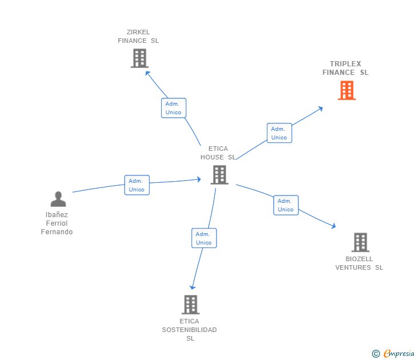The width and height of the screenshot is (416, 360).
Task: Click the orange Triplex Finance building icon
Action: (347, 90)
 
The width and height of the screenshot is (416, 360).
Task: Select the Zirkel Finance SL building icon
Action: (139, 58)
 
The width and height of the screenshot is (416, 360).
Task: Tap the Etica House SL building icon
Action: (219, 175)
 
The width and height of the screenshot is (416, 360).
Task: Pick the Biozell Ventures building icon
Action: (360, 242)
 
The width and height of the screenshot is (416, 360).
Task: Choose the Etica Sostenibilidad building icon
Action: (191, 305)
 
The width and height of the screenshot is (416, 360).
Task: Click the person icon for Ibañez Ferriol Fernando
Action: (58, 199)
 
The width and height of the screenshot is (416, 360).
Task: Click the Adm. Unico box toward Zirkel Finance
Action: (173, 108)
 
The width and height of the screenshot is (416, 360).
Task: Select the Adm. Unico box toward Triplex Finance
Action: (279, 133)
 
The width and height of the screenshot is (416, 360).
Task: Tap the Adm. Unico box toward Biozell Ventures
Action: (286, 205)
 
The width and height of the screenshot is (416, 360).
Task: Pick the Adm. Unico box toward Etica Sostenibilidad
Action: (204, 238)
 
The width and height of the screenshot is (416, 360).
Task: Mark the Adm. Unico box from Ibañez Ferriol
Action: (137, 185)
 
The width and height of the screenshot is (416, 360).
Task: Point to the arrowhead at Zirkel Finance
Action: (147, 73)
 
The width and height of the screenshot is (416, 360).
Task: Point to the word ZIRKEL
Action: (138, 32)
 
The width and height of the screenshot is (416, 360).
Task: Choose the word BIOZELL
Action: (359, 259)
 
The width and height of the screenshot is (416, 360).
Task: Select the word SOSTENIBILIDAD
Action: (189, 330)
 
